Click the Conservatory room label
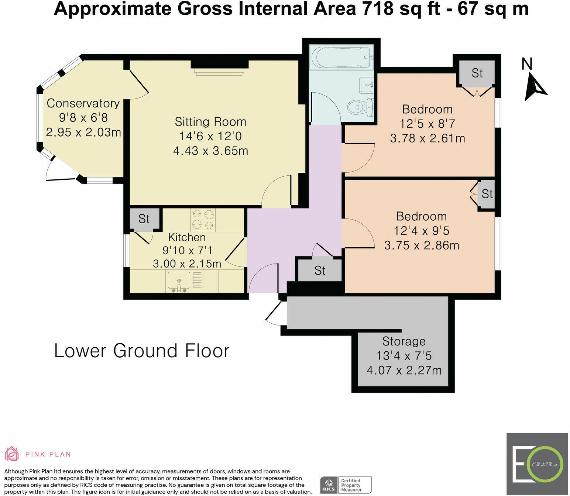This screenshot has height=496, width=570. [83, 103]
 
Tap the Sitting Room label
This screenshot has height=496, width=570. [211, 122]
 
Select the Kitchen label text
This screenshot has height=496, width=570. [187, 237]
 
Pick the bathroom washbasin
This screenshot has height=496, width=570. [367, 85]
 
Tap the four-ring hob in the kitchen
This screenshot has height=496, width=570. [203, 220]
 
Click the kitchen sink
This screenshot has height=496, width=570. [179, 282]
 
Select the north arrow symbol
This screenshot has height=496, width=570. [535, 87]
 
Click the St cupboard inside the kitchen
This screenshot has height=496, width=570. [144, 219]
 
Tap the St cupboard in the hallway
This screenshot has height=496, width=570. [320, 271]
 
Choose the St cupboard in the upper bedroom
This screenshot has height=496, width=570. [477, 73]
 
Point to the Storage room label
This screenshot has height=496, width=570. [404, 341]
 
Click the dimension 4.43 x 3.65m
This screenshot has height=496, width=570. [211, 151]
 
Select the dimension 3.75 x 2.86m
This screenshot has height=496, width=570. [422, 245]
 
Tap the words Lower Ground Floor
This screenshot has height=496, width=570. [141, 351]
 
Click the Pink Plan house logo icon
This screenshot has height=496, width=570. [12, 454]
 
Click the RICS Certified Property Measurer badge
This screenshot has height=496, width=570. [346, 485]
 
